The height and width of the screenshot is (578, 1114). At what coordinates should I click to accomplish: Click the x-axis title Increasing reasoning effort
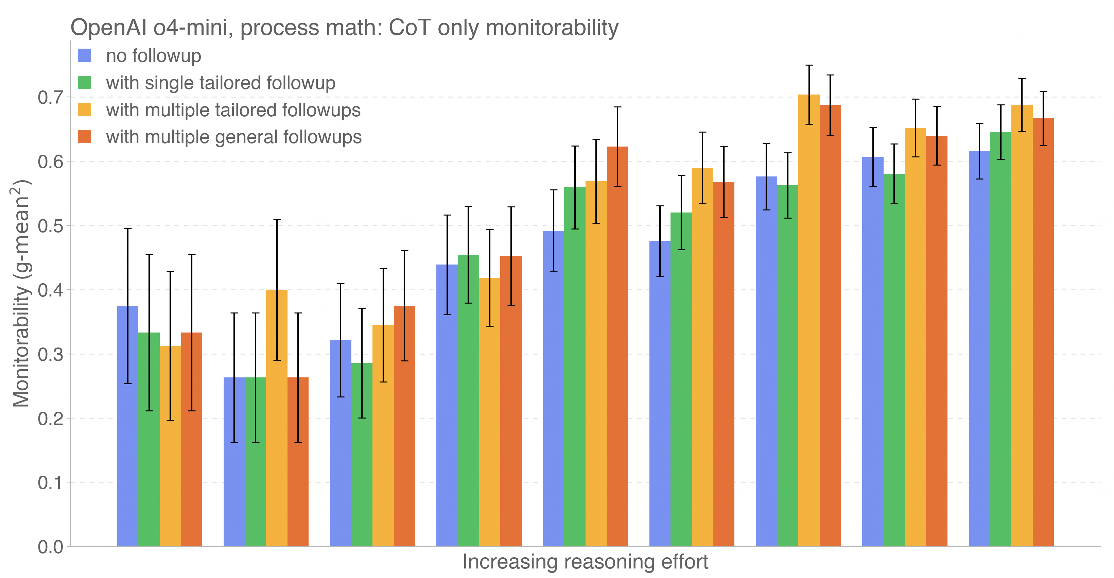(x=585, y=562)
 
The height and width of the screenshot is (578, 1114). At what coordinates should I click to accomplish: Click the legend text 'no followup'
(x=154, y=56)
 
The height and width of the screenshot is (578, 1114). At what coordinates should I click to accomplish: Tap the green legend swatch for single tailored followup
(x=84, y=83)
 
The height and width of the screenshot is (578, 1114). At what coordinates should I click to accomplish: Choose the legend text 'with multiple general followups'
(x=233, y=137)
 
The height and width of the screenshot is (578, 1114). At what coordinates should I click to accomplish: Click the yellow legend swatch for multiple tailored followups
(x=84, y=110)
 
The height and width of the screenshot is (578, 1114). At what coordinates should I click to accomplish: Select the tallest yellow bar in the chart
(x=809, y=320)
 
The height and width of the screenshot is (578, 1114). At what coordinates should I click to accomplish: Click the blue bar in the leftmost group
(x=127, y=426)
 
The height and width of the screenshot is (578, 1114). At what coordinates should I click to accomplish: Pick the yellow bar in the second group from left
(x=277, y=418)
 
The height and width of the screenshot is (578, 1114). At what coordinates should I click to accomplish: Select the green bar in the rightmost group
(x=1001, y=339)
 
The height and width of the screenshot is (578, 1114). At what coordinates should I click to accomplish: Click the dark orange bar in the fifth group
(x=617, y=346)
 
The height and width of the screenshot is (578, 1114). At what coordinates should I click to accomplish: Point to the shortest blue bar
(x=234, y=462)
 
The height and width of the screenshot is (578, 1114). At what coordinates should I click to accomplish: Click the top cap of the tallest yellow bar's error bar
(x=809, y=65)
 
